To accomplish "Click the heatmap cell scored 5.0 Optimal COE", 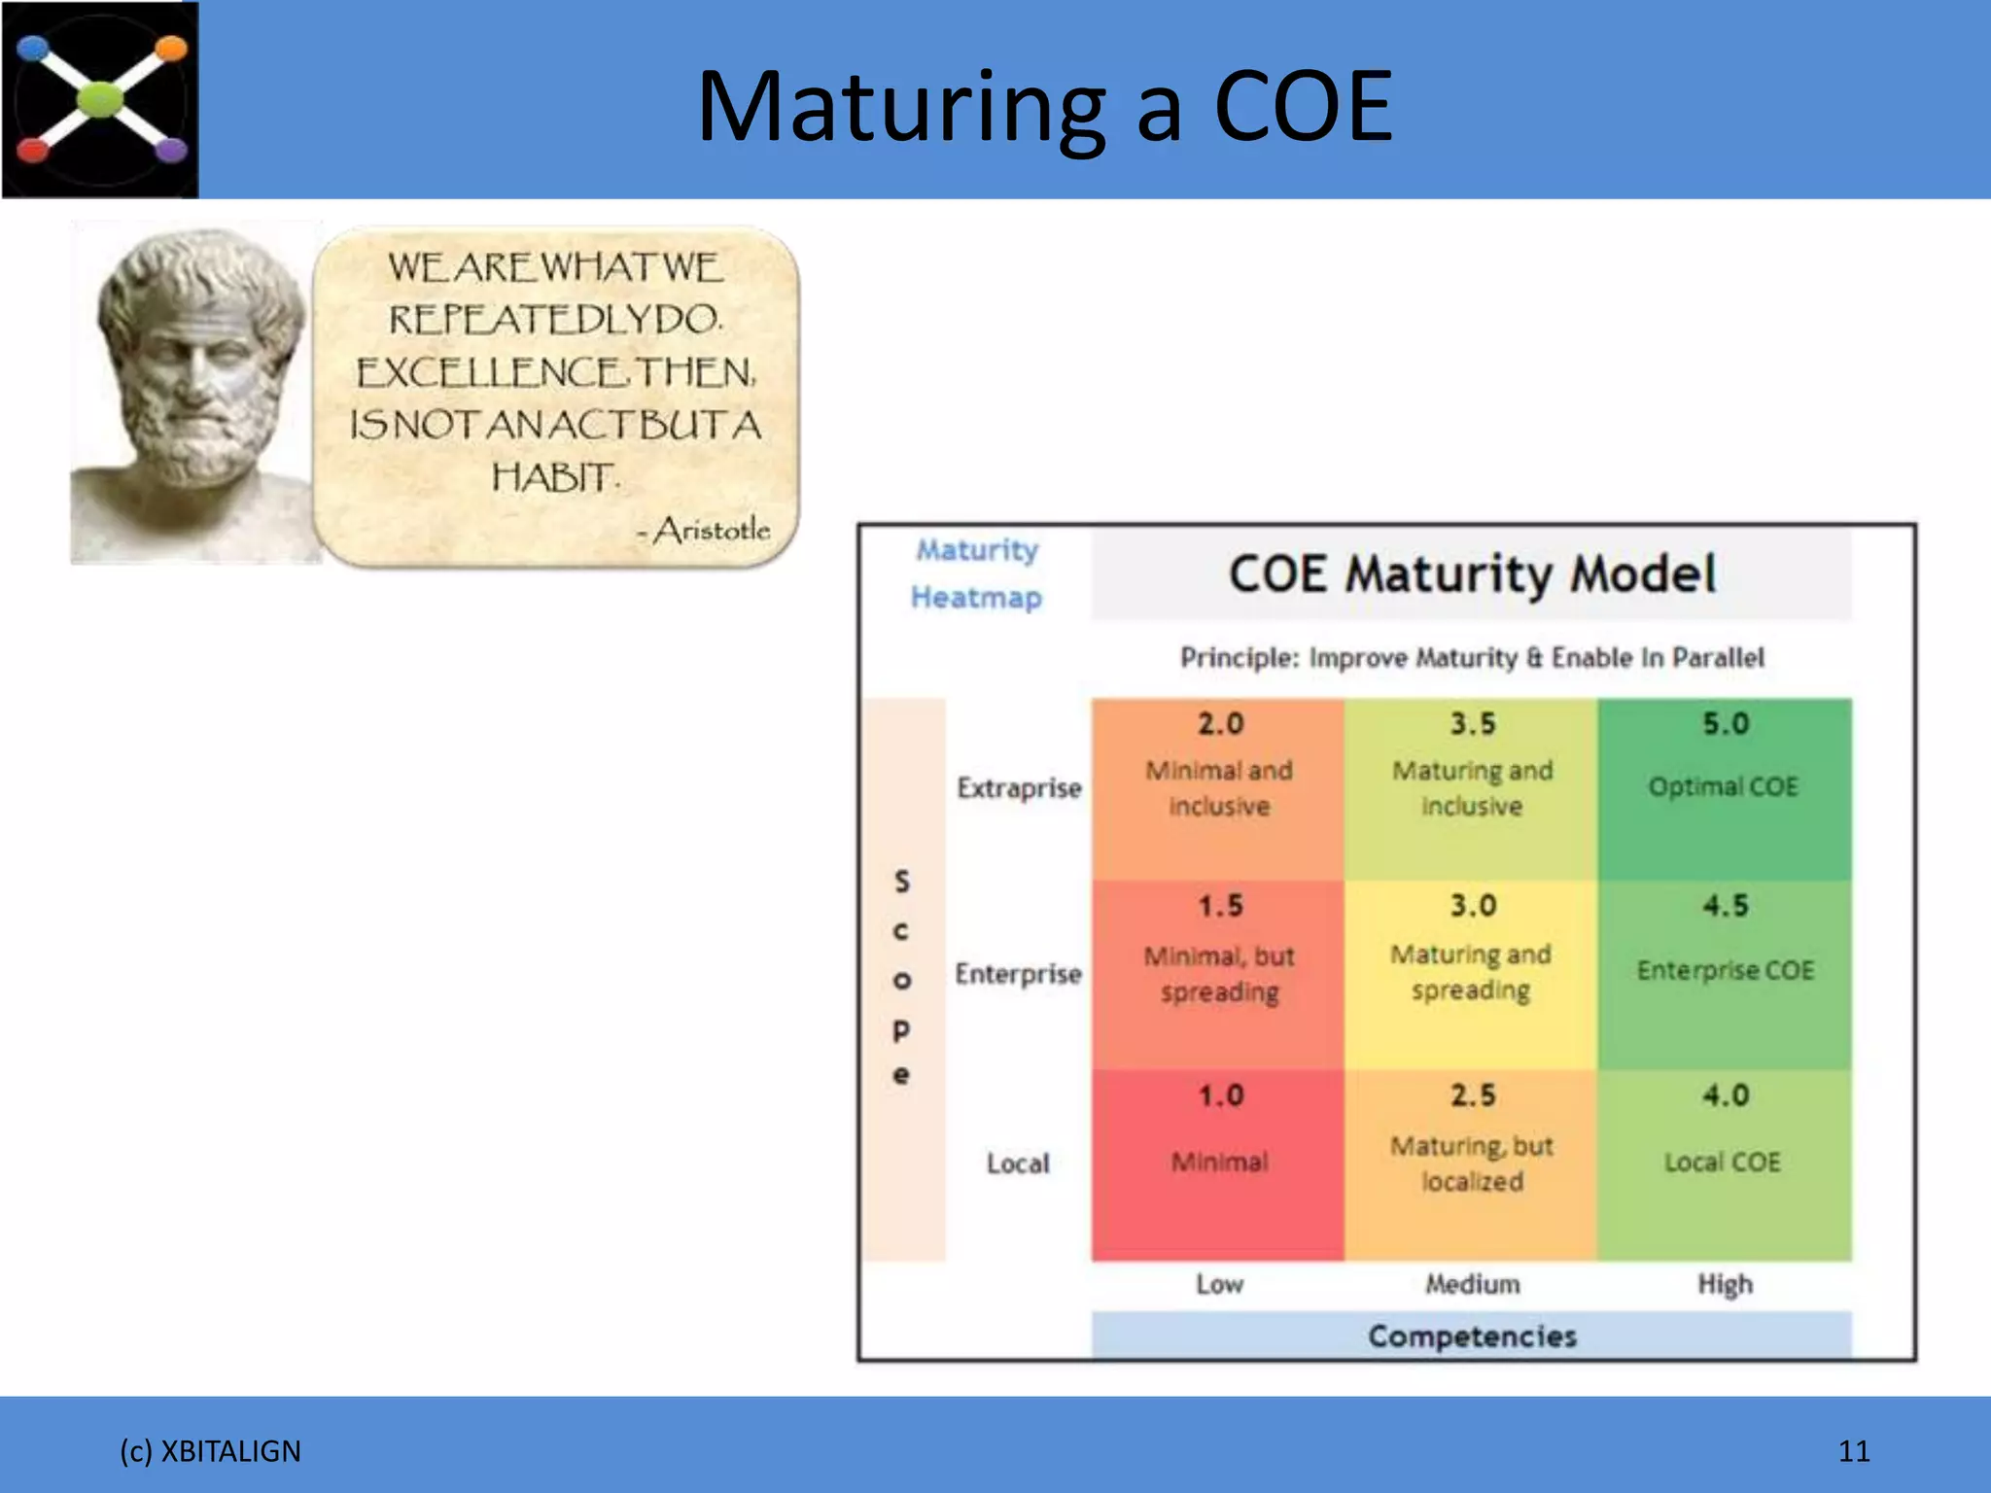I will click(1724, 787).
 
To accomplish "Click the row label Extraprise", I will click(1018, 787).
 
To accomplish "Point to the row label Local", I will click(1018, 1163).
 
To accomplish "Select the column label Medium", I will click(1472, 1284).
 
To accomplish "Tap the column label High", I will click(1725, 1284).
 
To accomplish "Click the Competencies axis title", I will click(1472, 1336).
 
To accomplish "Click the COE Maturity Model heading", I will click(1472, 573).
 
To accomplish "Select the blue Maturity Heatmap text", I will click(976, 573).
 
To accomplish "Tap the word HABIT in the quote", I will click(554, 477).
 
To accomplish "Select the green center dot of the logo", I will click(100, 98).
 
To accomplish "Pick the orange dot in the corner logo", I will click(171, 48).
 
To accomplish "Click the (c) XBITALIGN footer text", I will click(210, 1451).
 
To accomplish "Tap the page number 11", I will click(1853, 1451).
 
